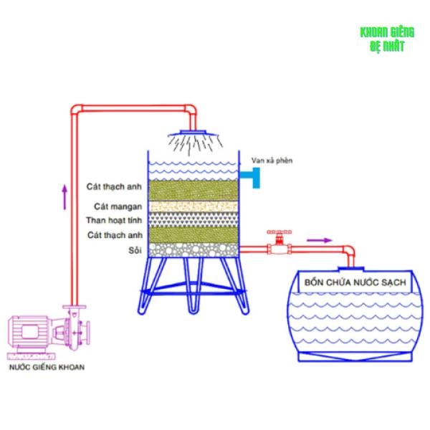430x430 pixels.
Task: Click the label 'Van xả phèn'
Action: coord(272,161)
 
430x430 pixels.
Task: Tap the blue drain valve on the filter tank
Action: coord(253,178)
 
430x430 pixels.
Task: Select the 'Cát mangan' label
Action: coord(118,206)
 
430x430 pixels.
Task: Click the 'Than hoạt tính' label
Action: coord(114,220)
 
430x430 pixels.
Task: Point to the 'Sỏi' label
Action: coord(135,250)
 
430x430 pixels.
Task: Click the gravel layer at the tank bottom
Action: coord(193,250)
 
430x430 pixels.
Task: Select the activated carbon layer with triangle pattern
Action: coord(193,219)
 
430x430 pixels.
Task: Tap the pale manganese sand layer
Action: coord(193,206)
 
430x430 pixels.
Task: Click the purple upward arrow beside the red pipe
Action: coord(64,197)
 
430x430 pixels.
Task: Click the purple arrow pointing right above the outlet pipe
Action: coord(319,241)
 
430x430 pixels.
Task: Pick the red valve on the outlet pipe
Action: coord(279,243)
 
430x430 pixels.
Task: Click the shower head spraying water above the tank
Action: coord(195,140)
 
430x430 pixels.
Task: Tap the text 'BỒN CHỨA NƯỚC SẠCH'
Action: coord(355,282)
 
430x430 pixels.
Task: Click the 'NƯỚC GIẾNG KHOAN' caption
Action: coord(47,367)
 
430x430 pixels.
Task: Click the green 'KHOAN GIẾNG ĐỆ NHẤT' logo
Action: coord(387,39)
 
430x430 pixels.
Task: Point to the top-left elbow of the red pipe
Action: coord(76,110)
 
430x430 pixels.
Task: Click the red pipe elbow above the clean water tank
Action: coord(349,251)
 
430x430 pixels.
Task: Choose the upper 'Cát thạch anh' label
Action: coord(114,186)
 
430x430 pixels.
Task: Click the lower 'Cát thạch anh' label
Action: coord(115,235)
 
